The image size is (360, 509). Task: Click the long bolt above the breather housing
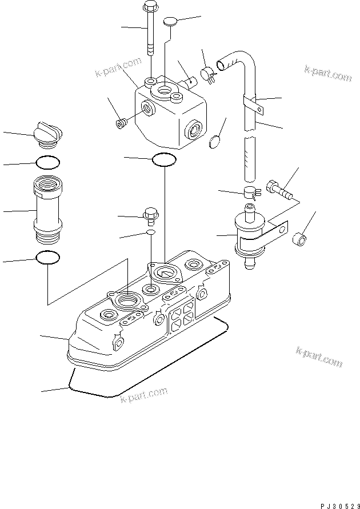coord(150,29)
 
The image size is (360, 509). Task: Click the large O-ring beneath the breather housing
coord(164,160)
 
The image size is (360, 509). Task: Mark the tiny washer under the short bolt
coord(150,233)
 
